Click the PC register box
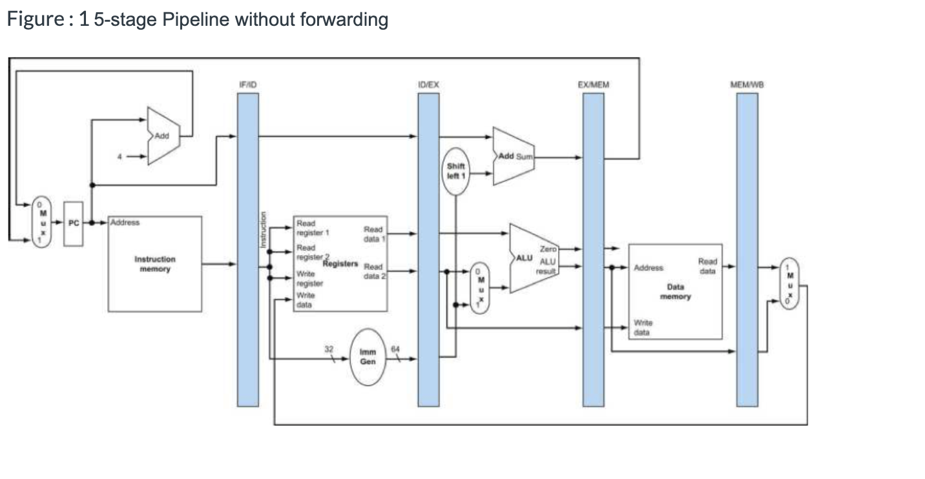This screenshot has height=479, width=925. point(73,223)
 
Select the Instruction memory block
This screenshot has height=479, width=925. point(154,263)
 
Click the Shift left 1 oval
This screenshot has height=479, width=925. point(456,170)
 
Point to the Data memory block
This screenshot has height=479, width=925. point(675,291)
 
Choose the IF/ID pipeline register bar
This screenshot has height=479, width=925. point(248,249)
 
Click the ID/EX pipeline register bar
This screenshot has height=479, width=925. point(428,249)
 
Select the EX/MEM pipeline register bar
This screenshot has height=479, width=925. point(594,249)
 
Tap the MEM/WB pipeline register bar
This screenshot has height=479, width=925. point(747,249)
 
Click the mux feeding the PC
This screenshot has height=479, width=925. point(40,223)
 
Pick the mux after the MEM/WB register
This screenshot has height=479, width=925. point(789,284)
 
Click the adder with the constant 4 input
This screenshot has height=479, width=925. point(162,136)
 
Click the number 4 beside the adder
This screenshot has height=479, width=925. point(120,156)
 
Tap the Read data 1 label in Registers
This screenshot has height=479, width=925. point(373,234)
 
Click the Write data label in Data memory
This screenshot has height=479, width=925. point(643,327)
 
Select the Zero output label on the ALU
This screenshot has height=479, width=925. point(548,249)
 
